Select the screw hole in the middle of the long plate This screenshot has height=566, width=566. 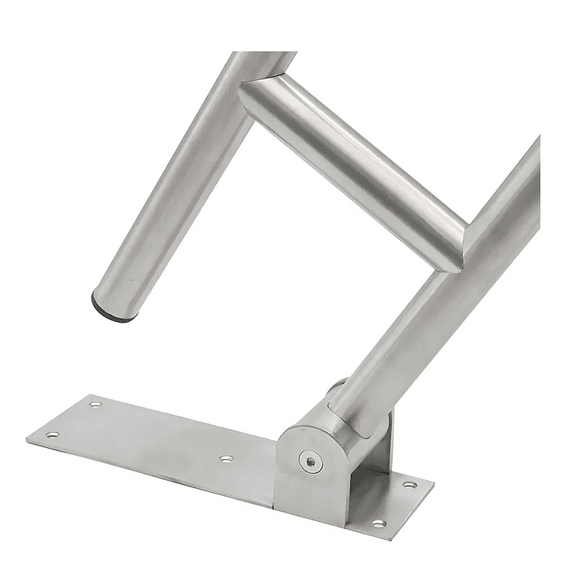pos(226,457)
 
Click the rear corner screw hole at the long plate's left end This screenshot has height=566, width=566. pos(94,405)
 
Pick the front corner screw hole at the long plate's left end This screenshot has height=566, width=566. pos(52,434)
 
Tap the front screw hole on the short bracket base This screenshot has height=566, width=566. pos(379,522)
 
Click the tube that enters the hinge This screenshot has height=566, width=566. pos(441,307)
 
